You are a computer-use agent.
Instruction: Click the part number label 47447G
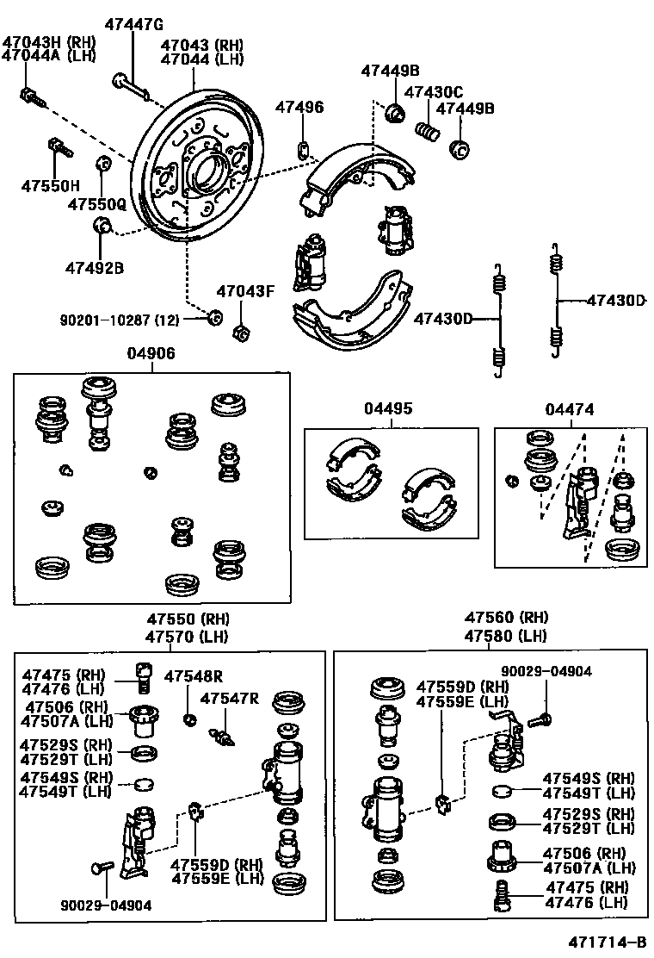point(133,23)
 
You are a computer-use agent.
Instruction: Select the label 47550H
point(50,184)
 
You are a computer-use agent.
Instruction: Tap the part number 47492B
point(94,268)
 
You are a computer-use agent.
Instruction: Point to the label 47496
point(299,107)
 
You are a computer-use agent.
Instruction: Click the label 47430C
point(434,92)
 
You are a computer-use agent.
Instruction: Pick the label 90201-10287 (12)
point(120,320)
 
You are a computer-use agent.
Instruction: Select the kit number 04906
point(151,353)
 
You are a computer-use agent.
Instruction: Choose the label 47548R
point(194,676)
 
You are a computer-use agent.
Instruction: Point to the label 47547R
point(230,698)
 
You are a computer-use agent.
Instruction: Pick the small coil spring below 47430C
point(428,131)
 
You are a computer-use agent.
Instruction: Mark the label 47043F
point(244,291)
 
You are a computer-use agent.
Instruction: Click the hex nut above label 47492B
point(100,227)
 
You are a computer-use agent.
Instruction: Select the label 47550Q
point(97,205)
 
